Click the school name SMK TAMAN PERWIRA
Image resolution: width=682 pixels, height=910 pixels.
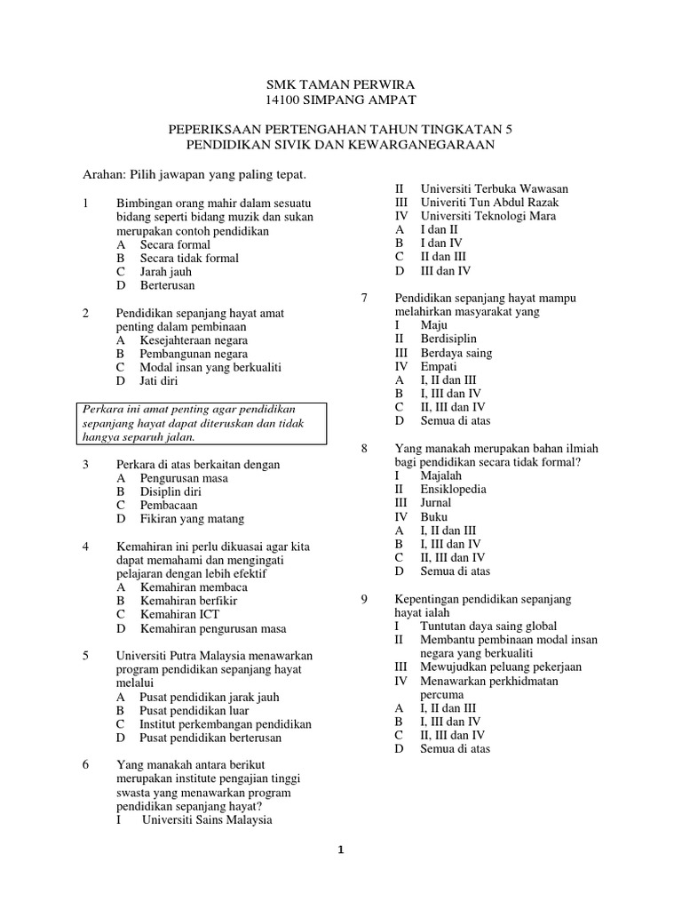tap(341, 84)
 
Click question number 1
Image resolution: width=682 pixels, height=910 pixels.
tap(85, 204)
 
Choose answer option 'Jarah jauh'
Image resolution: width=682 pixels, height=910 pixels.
tap(167, 272)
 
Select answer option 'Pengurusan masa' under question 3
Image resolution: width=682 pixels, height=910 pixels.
tap(184, 478)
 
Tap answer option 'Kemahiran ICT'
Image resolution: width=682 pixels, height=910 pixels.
tap(179, 614)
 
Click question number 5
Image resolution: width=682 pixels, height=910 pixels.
tap(85, 656)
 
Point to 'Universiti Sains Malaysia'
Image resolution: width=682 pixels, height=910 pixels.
tap(207, 820)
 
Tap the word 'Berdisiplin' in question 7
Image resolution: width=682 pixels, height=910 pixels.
tap(448, 339)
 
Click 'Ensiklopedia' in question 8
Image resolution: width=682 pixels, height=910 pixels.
tap(453, 489)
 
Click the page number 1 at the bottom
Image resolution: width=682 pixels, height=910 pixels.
tap(340, 850)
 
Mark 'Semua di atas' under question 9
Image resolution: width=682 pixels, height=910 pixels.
tap(455, 748)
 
